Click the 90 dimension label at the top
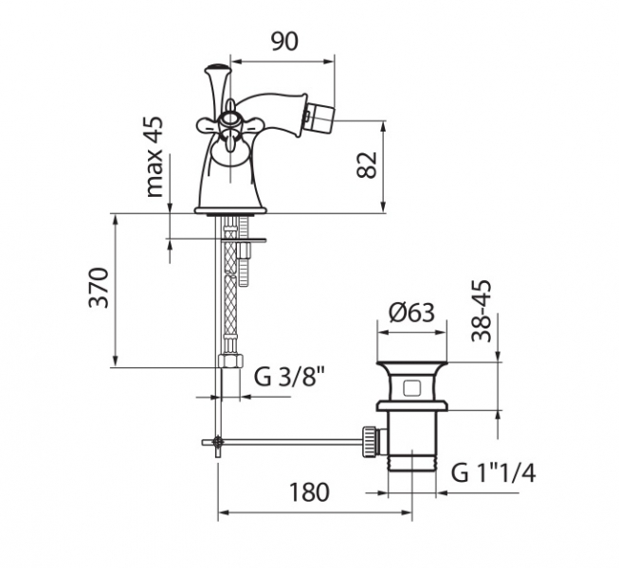[284, 42]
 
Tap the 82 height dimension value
[367, 165]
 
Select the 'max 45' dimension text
[155, 156]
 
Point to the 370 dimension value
[99, 288]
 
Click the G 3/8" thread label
[290, 377]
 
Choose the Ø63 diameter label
[411, 312]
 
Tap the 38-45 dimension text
[482, 311]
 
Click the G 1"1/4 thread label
[494, 472]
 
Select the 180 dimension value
[309, 492]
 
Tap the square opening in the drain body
[412, 388]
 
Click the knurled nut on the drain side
[369, 442]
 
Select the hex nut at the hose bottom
[230, 361]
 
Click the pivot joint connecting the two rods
[217, 442]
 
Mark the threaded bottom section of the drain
[412, 462]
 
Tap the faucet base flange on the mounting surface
[229, 210]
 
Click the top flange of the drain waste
[412, 363]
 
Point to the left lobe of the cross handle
[208, 126]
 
